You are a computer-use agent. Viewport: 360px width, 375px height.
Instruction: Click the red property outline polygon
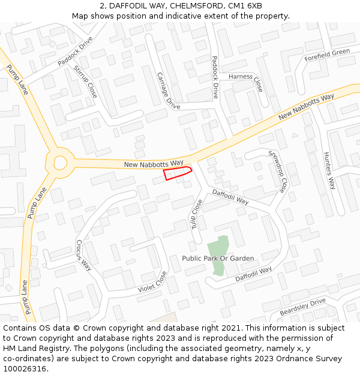177,173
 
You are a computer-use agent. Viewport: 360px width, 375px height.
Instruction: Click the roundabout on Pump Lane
60,162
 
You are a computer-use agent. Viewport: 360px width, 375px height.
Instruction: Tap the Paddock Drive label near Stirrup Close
76,51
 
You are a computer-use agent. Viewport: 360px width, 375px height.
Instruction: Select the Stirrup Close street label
85,82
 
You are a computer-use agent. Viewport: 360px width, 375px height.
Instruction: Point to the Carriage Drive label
168,91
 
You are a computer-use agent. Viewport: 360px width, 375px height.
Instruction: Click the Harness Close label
245,79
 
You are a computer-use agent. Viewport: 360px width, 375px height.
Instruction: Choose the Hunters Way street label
329,170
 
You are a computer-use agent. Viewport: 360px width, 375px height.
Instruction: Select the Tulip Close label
197,215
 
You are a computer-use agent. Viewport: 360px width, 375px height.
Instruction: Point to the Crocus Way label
83,255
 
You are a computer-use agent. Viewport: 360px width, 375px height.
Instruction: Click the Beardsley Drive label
302,307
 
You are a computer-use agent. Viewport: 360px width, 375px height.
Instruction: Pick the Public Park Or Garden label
218,259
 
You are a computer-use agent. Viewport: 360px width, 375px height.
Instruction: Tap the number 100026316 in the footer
23,369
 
